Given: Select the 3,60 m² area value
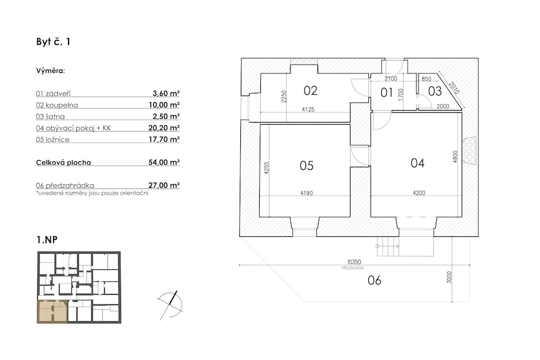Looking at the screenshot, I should tap(166, 93).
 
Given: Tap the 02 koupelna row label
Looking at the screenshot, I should tap(57, 105).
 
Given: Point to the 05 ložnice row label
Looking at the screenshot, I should tap(52, 140).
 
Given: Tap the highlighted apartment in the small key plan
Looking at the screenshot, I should tap(52, 312).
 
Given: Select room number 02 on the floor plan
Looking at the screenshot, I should tap(310, 90).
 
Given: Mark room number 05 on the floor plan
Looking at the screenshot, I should tap(306, 166).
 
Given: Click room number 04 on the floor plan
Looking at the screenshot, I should tap(417, 163).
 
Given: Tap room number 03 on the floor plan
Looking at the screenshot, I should tap(435, 91).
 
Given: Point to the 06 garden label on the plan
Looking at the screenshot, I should tap(374, 280).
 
